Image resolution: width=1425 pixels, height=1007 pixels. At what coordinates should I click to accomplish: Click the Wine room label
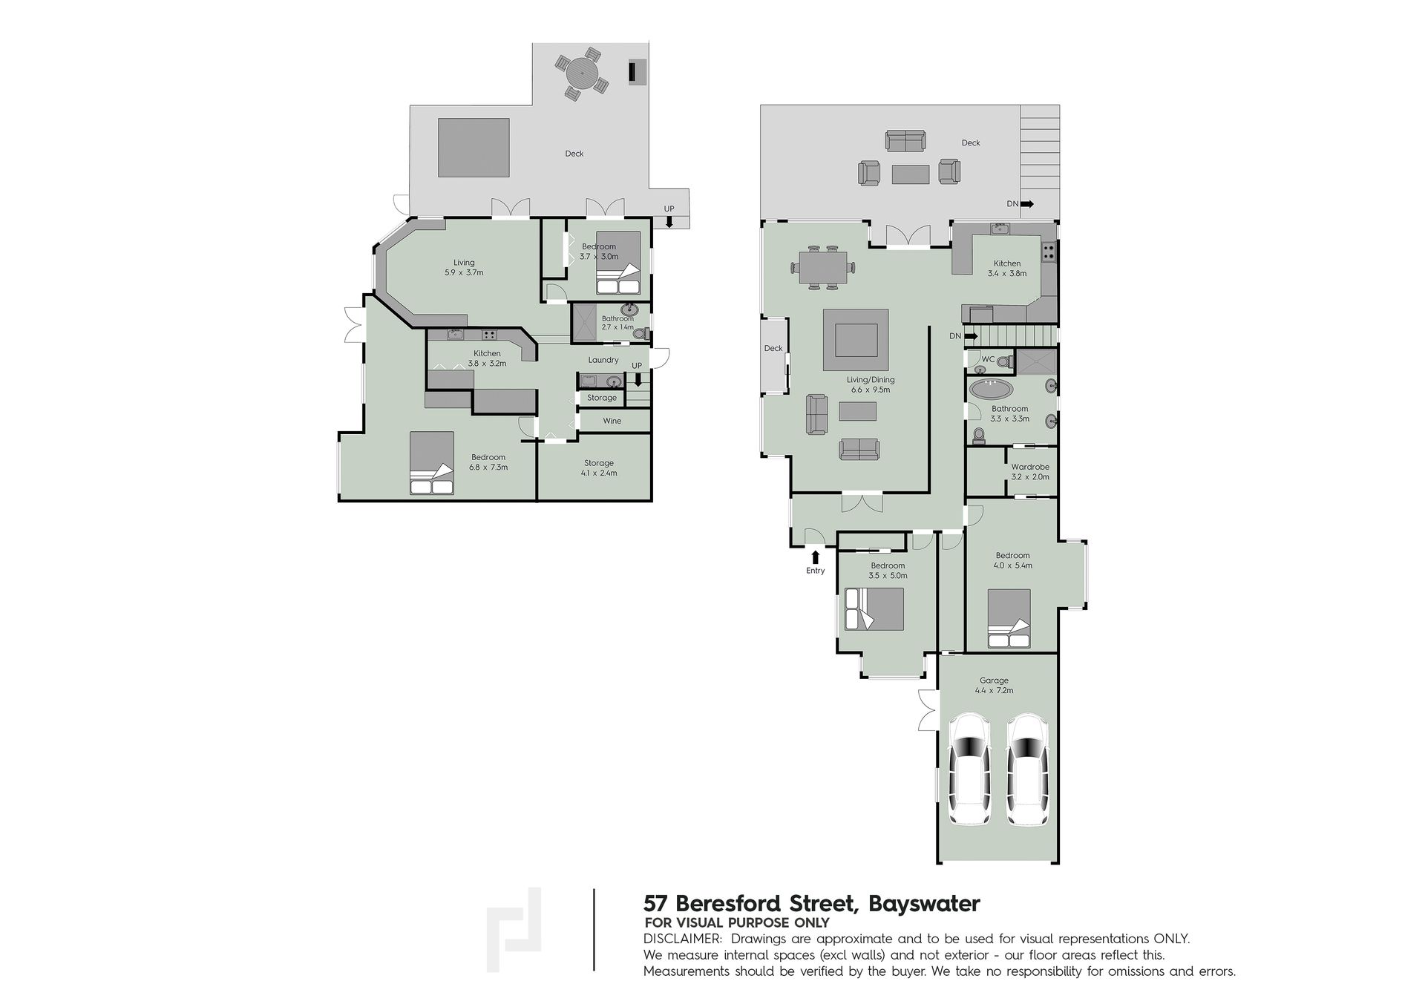point(612,421)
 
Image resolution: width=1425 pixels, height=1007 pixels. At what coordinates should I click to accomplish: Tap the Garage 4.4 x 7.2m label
point(994,685)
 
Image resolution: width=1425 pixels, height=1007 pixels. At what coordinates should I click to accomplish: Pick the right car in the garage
point(1028,769)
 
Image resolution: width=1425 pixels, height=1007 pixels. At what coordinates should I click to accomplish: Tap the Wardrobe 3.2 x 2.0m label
point(1030,472)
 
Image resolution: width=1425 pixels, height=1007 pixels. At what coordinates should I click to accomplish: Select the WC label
point(988,359)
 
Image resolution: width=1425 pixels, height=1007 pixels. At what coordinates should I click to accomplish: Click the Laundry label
point(603,360)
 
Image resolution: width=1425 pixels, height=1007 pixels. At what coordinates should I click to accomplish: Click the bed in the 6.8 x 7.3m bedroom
point(432,462)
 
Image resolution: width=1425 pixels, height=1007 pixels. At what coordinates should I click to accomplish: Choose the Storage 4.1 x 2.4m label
point(599,468)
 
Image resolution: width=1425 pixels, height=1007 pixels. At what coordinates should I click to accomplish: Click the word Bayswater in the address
point(924,904)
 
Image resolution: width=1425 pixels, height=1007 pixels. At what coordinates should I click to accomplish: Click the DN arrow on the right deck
point(1028,203)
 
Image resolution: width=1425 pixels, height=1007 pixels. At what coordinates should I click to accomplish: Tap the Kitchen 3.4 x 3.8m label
point(1007,268)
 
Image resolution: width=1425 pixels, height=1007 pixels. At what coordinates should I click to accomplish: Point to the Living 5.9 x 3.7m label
point(464,267)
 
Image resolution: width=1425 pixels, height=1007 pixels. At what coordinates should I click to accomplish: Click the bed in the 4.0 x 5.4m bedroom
point(1009,620)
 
